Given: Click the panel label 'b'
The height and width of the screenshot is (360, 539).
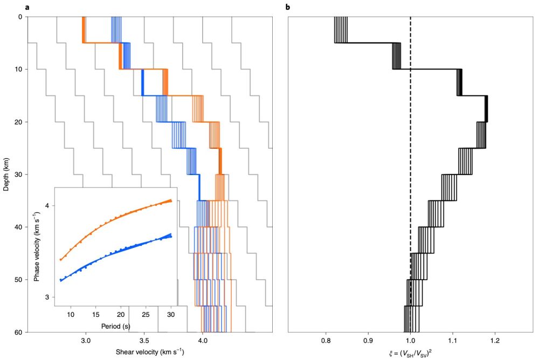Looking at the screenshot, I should (x=287, y=6).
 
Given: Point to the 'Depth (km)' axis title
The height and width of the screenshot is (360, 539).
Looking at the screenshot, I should (x=6, y=174).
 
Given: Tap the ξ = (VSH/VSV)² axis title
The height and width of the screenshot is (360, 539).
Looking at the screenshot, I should (x=410, y=352).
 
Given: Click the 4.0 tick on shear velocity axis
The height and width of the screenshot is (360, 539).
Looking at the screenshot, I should (x=202, y=341).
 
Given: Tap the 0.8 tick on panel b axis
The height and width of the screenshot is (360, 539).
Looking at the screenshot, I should (x=325, y=341).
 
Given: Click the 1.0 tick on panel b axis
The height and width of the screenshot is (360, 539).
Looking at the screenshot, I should (x=410, y=341).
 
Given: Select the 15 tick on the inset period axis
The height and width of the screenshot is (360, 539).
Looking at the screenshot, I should (x=95, y=315).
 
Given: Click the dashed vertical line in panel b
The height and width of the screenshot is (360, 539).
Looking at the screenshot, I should (x=411, y=162).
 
